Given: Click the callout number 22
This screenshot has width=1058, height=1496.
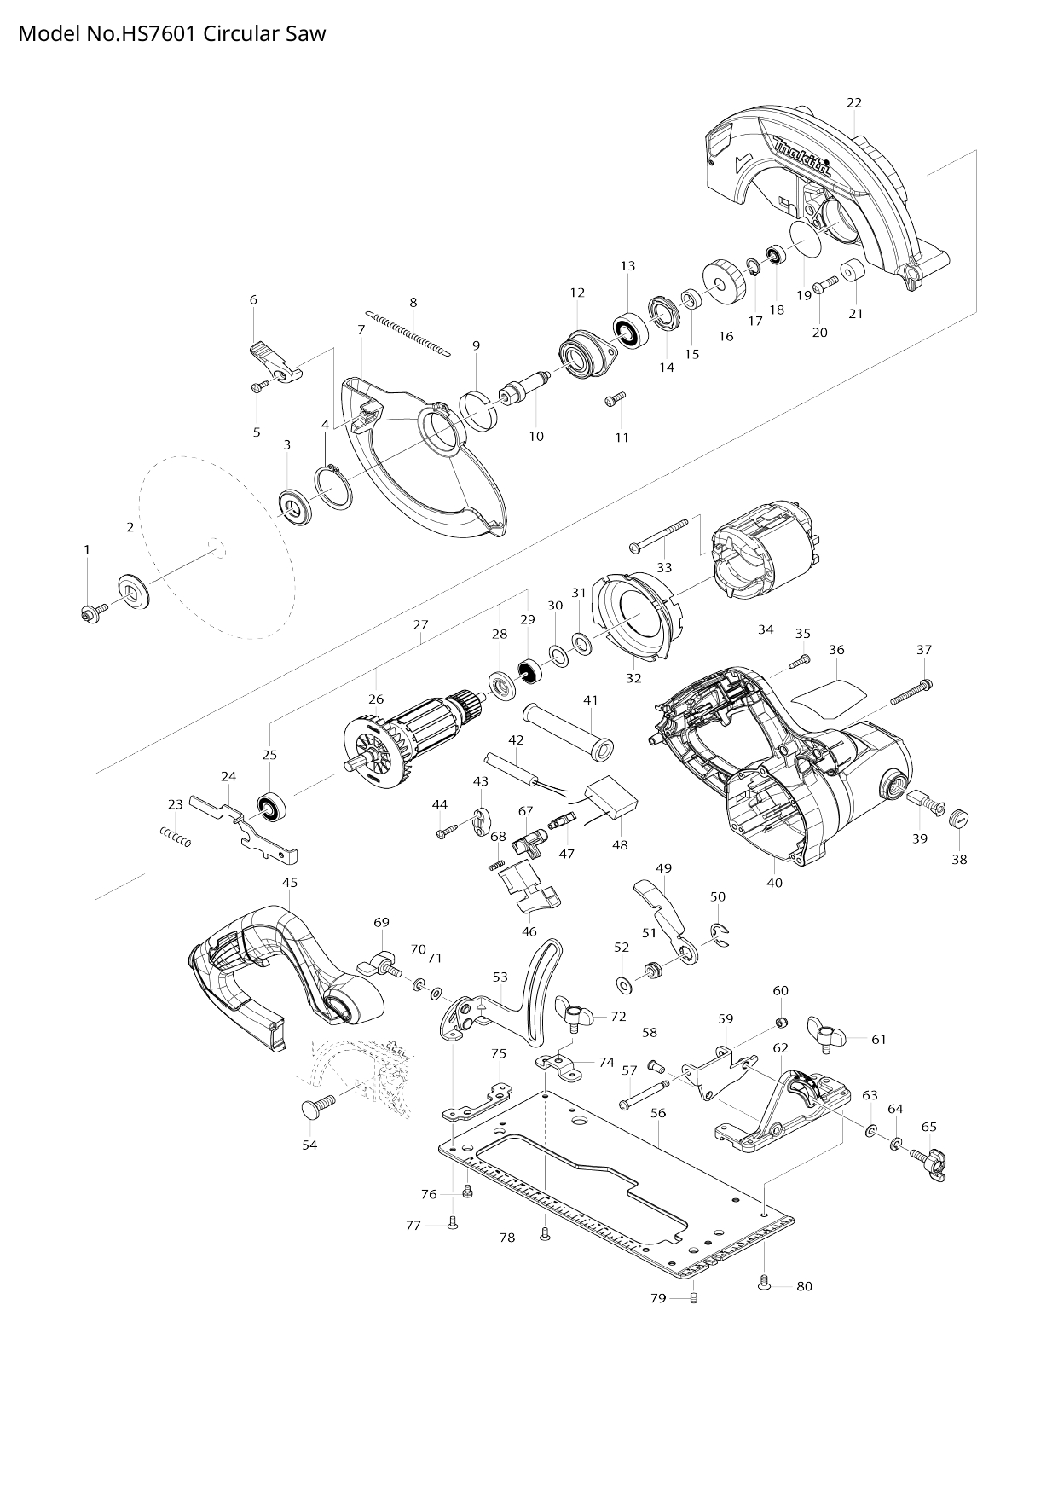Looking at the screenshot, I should point(853,102).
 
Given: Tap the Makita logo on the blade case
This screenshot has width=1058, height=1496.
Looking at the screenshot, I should point(801,157).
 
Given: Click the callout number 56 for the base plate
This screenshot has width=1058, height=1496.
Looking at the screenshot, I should point(657,1113).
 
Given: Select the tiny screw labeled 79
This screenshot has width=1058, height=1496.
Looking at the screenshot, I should point(694,1298).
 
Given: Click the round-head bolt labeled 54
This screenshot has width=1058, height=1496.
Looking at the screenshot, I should point(315,1109).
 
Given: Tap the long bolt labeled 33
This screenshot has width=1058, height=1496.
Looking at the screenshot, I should point(658,537).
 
